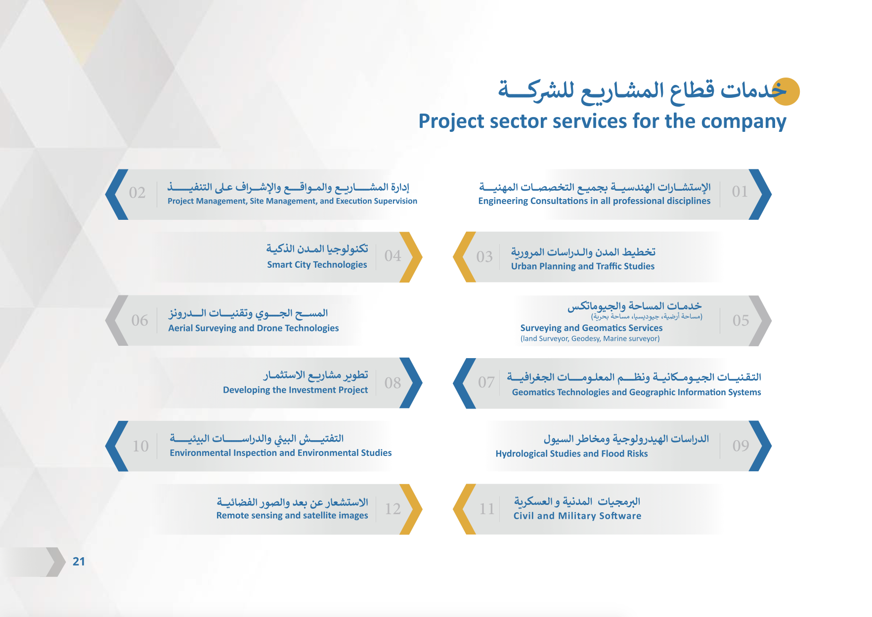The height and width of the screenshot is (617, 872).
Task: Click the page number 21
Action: pyautogui.click(x=79, y=561)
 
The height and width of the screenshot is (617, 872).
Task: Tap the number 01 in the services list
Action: pyautogui.click(x=740, y=192)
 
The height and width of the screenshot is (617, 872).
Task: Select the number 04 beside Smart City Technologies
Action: pyautogui.click(x=393, y=256)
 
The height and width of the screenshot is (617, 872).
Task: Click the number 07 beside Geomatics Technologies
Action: pyautogui.click(x=486, y=382)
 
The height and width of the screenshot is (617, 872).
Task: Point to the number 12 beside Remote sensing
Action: pyautogui.click(x=393, y=509)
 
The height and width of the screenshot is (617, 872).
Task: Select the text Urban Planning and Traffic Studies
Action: pyautogui.click(x=583, y=266)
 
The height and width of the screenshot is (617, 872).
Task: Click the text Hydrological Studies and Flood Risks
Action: pyautogui.click(x=571, y=453)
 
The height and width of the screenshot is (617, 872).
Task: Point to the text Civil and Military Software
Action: pyautogui.click(x=577, y=516)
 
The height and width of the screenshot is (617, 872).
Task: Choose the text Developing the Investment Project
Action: pyautogui.click(x=295, y=390)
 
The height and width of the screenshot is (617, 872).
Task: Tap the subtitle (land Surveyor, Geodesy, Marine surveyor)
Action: pyautogui.click(x=590, y=339)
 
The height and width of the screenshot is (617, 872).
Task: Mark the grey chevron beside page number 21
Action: pyautogui.click(x=55, y=562)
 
